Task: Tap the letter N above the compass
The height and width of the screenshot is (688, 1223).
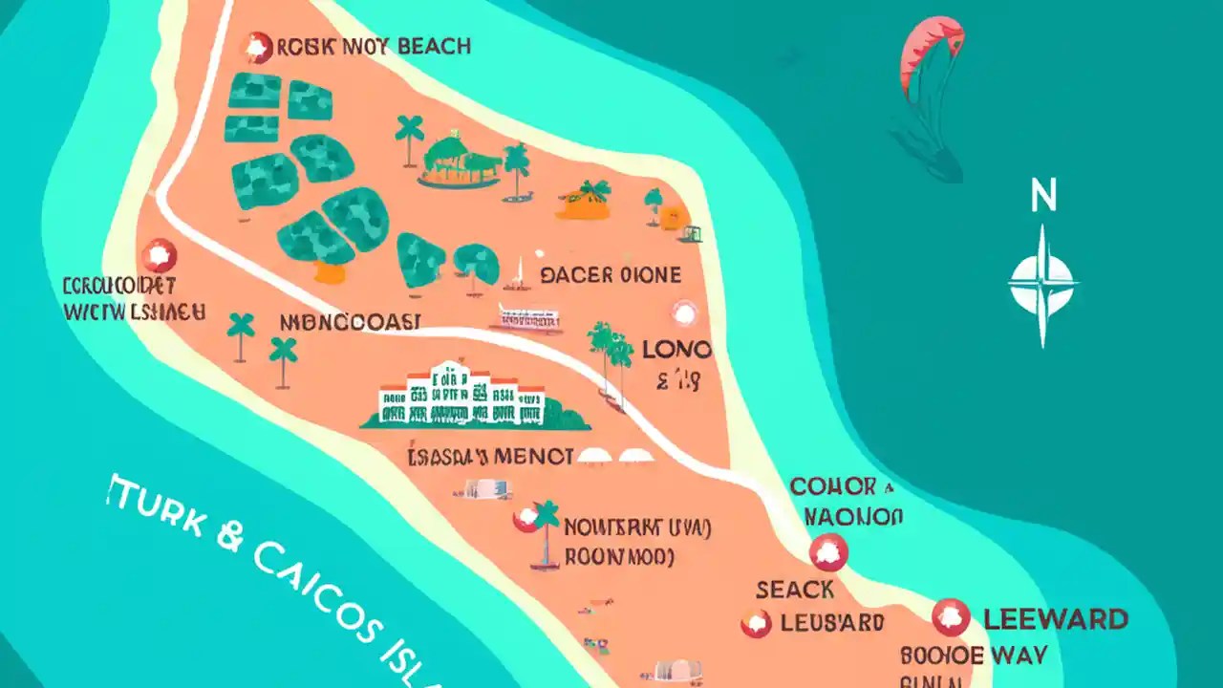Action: pyautogui.click(x=1042, y=197)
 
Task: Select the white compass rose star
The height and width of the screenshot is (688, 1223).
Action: pyautogui.click(x=1042, y=284)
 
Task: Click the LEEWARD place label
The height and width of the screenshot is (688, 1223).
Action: pyautogui.click(x=1055, y=619)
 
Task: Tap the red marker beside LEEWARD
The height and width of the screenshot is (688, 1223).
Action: pyautogui.click(x=950, y=617)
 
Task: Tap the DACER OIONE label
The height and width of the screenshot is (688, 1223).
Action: pyautogui.click(x=611, y=275)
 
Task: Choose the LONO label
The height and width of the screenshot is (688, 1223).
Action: pyautogui.click(x=676, y=350)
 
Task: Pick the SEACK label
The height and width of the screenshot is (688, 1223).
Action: pyautogui.click(x=795, y=591)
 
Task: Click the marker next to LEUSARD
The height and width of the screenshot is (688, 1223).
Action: pyautogui.click(x=755, y=624)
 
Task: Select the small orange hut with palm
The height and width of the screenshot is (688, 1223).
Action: pyautogui.click(x=585, y=201)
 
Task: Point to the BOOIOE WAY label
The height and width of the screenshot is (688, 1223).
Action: pyautogui.click(x=974, y=656)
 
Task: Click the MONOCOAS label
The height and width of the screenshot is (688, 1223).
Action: pyautogui.click(x=349, y=322)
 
